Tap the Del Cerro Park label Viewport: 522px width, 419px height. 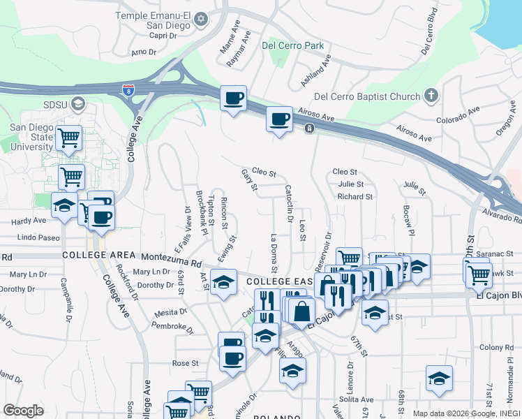click(x=293, y=45)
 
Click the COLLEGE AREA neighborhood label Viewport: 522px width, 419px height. click(x=98, y=255)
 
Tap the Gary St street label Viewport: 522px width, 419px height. click(x=249, y=179)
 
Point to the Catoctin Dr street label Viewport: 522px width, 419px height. click(x=288, y=203)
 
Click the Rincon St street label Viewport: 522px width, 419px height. click(x=224, y=213)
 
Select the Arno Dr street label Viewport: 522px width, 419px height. click(x=143, y=52)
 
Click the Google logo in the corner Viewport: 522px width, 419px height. click(x=23, y=411)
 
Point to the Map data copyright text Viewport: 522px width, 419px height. click(x=466, y=413)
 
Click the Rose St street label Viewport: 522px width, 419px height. click(x=186, y=363)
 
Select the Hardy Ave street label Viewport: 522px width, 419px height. click(x=29, y=221)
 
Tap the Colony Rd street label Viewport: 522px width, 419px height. click(x=496, y=347)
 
